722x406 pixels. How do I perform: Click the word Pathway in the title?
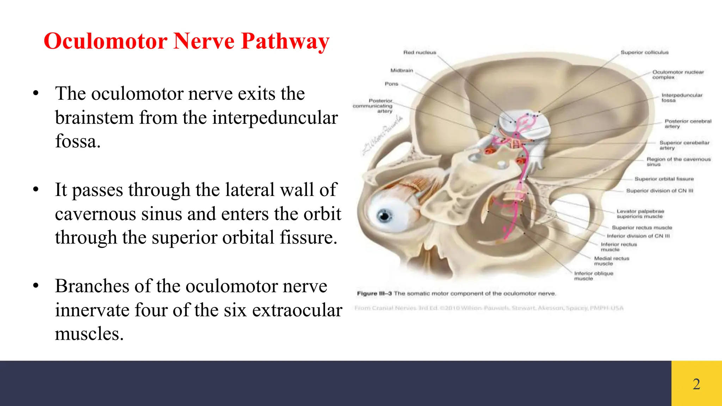tap(285, 41)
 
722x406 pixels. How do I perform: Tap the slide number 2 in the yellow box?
tap(696, 384)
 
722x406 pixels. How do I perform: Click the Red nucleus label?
tap(420, 53)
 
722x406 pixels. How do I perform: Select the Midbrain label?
tap(402, 70)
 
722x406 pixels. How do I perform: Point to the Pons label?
tap(391, 84)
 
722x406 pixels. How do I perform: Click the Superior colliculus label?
tap(644, 53)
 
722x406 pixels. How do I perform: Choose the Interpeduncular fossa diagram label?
tap(681, 98)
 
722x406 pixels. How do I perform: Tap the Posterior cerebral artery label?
tap(687, 124)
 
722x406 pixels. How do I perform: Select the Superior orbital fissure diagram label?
tap(664, 179)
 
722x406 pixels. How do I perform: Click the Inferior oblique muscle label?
tap(593, 276)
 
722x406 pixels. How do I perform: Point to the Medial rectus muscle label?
tap(611, 261)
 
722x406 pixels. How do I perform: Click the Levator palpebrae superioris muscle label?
tap(640, 214)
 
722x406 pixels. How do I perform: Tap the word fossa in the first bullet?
tap(78, 142)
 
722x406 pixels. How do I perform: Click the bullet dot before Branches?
tap(36, 286)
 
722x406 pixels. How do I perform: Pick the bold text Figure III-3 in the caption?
tap(374, 294)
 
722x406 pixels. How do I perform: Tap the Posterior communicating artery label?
tap(373, 106)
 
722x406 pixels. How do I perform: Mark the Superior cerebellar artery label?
tap(684, 145)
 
